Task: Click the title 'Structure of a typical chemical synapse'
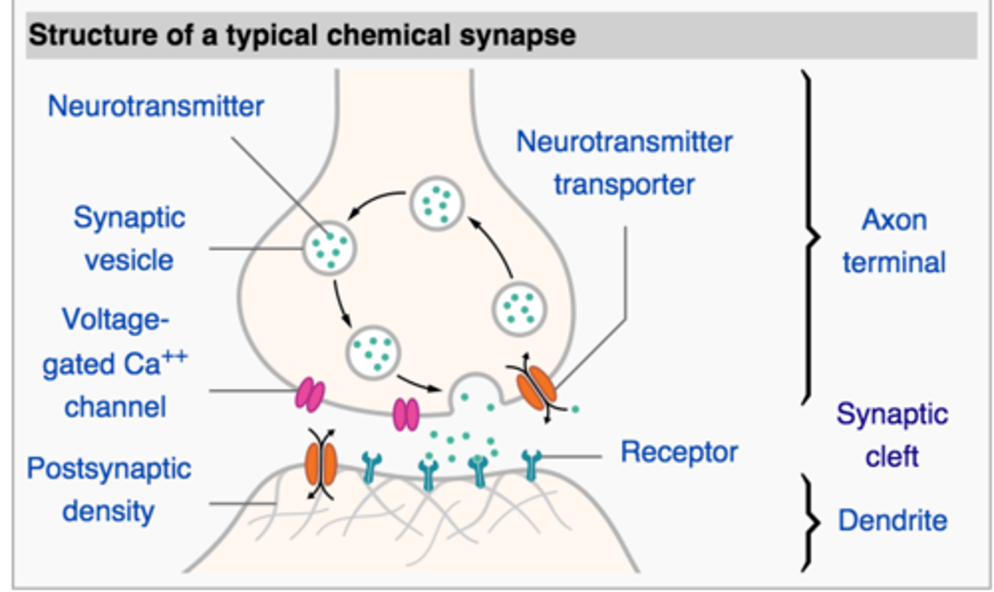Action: [x=302, y=35]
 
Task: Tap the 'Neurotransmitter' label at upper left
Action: [x=155, y=106]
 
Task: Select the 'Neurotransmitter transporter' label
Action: [x=624, y=163]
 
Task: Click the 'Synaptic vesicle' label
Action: [x=129, y=239]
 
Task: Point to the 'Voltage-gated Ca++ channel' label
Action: [x=115, y=363]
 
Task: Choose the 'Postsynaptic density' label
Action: [x=108, y=490]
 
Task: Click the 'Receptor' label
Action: [x=679, y=453]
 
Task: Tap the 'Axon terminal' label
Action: [x=894, y=241]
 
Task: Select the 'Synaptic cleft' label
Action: [x=892, y=435]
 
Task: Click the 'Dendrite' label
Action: [x=892, y=520]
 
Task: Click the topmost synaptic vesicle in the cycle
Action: [x=436, y=203]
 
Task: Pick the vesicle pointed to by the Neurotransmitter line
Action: [x=329, y=248]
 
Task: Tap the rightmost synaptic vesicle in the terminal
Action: [x=519, y=308]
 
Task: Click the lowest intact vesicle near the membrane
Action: [x=373, y=352]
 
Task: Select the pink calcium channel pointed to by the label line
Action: [x=310, y=395]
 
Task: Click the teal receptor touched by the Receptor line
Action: [x=530, y=464]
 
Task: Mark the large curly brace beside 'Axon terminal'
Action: [x=810, y=237]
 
